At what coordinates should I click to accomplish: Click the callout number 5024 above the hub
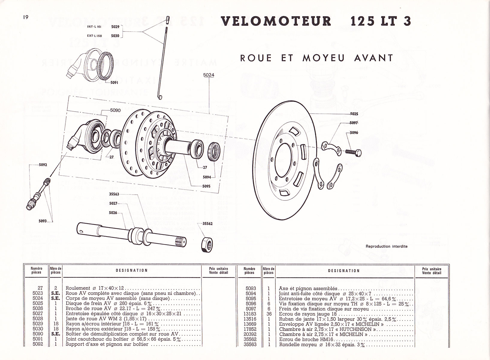pos(209,75)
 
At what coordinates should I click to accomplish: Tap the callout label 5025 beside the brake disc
pos(354,114)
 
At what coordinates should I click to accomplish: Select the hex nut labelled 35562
pos(207,243)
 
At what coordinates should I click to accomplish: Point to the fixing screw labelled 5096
pos(354,152)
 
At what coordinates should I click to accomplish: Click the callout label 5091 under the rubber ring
pos(114,82)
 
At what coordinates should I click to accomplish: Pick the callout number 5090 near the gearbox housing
pos(115,110)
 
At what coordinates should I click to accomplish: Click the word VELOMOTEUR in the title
pos(276,21)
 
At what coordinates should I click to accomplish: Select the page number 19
pos(25,17)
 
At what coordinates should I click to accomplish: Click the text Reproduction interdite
pos(386,246)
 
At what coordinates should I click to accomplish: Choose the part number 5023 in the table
pos(38,293)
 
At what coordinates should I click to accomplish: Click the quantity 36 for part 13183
pos(269,314)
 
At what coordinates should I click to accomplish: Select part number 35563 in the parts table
pos(250,344)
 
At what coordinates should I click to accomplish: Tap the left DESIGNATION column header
pos(132,270)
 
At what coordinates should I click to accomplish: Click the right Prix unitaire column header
pos(432,271)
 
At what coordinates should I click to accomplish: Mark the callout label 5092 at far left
pos(43,165)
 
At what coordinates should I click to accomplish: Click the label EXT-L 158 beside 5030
pos(94,36)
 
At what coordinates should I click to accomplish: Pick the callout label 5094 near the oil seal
pos(207,177)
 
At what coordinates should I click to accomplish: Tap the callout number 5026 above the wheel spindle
pos(113,213)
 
